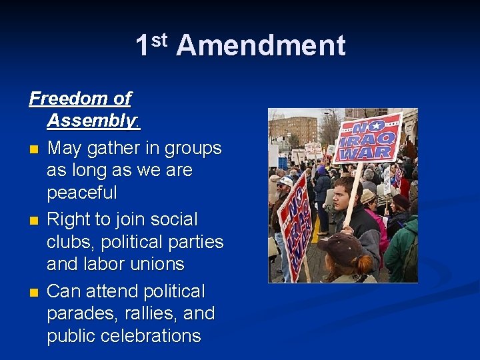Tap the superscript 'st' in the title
(x=159, y=39)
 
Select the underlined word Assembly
(x=91, y=121)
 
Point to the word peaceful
(x=82, y=193)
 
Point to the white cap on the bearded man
(x=285, y=181)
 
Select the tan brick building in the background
(x=297, y=129)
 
